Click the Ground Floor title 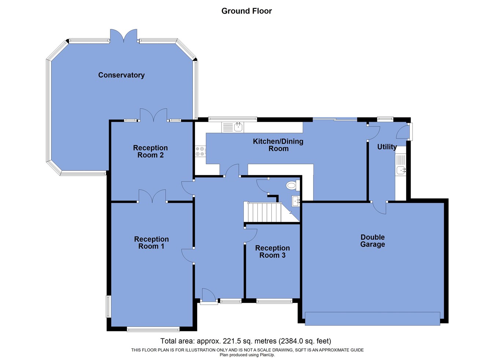(246, 11)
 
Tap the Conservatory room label (121, 75)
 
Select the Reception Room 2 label (150, 151)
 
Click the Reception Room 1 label (151, 243)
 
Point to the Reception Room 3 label (272, 252)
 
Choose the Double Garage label (373, 241)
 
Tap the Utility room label (387, 147)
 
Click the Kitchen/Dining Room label (278, 145)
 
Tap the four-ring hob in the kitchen (200, 151)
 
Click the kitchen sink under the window (238, 128)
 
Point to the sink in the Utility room (401, 170)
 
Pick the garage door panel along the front (372, 318)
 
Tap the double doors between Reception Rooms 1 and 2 (152, 196)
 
